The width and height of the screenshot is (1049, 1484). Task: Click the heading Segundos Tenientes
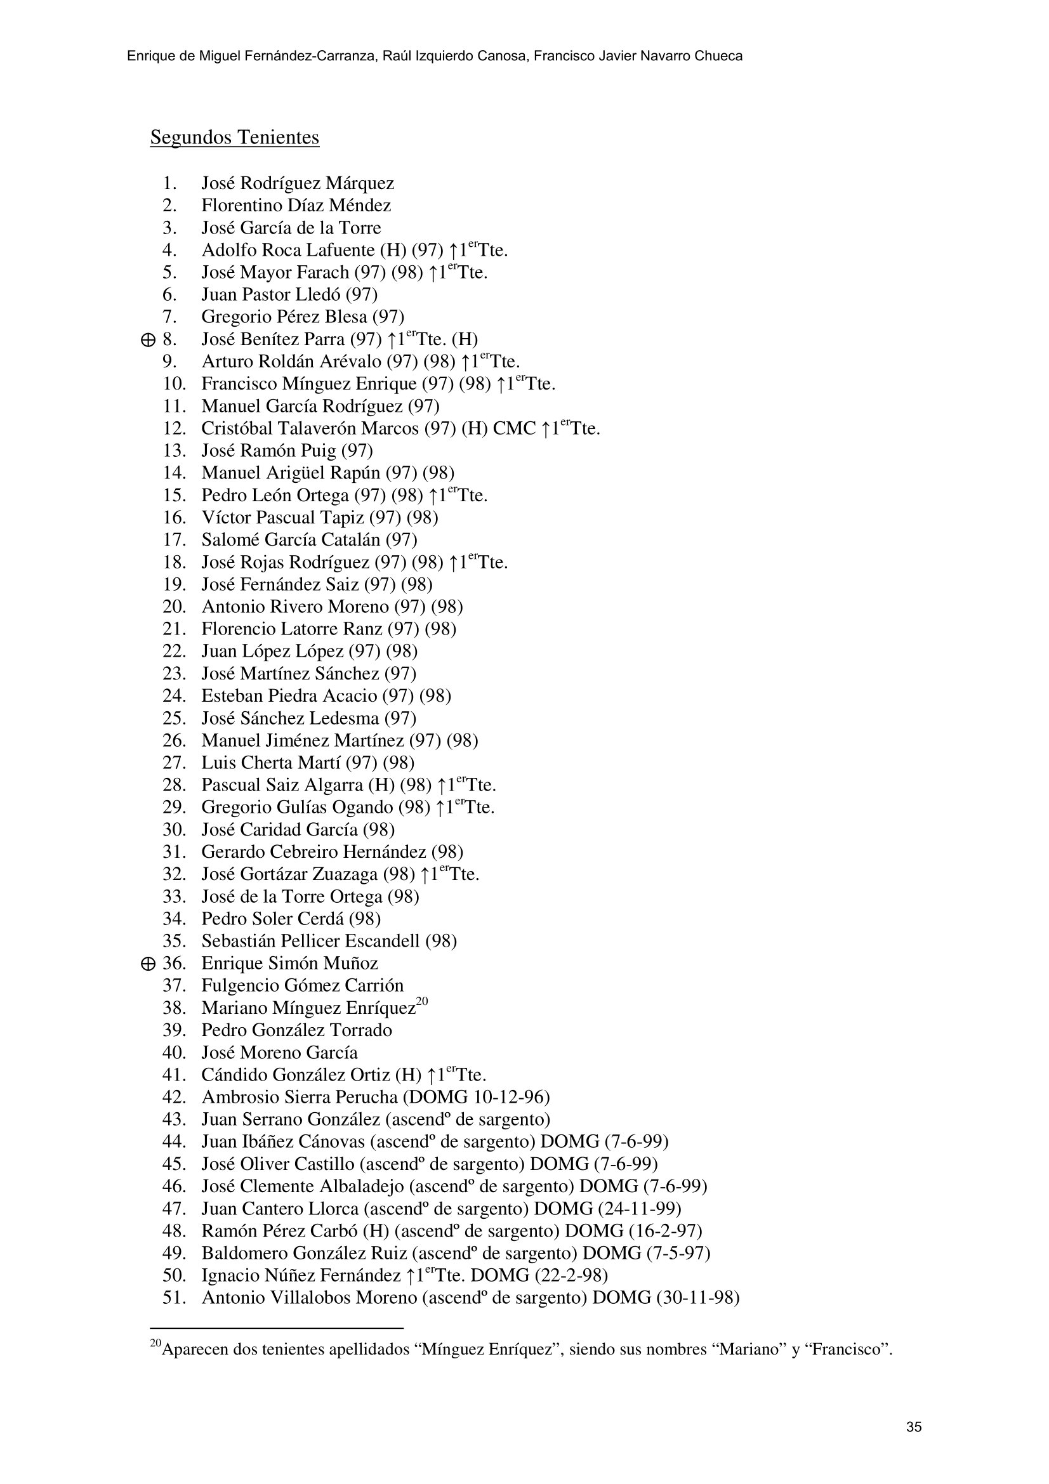(x=235, y=138)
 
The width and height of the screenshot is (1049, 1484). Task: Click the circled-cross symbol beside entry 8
(x=147, y=340)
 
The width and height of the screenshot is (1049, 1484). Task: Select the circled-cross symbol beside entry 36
(x=147, y=964)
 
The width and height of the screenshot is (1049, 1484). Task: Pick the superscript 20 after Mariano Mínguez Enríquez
(x=422, y=1002)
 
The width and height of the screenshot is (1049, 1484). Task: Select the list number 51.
(x=174, y=1298)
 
